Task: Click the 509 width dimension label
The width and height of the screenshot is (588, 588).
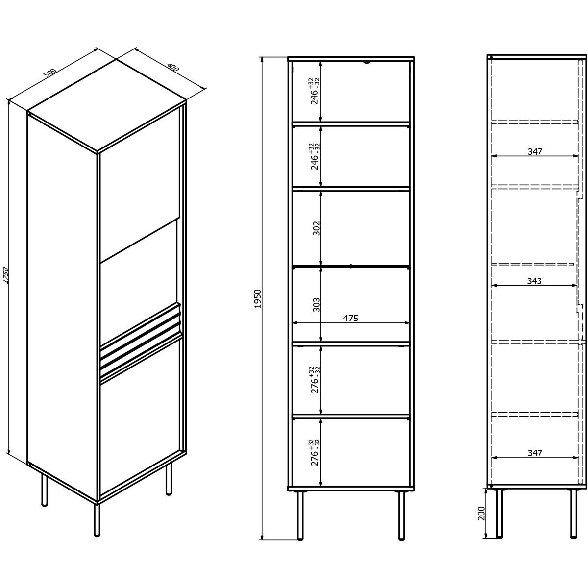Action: coord(50,73)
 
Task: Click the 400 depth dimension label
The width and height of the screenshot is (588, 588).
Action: coord(173,68)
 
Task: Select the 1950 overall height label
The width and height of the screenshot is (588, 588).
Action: coord(258,298)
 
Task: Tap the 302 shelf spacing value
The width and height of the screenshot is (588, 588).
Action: coord(317,228)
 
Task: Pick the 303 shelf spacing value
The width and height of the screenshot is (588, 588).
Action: coord(317,304)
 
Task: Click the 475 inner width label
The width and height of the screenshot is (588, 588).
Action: coord(351,318)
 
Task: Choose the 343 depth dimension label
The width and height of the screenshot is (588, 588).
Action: coord(534,281)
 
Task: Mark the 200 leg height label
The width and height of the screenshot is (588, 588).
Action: coord(481,513)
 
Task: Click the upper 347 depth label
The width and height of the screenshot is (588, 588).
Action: coord(535,151)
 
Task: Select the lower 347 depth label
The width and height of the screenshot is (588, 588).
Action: coord(535,453)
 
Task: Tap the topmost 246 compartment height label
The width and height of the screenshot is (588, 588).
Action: coord(315,91)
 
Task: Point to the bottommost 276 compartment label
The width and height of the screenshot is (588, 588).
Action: coord(315,452)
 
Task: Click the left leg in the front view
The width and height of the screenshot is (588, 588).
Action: coord(300,515)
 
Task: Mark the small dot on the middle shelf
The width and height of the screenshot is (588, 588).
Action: coord(351,266)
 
